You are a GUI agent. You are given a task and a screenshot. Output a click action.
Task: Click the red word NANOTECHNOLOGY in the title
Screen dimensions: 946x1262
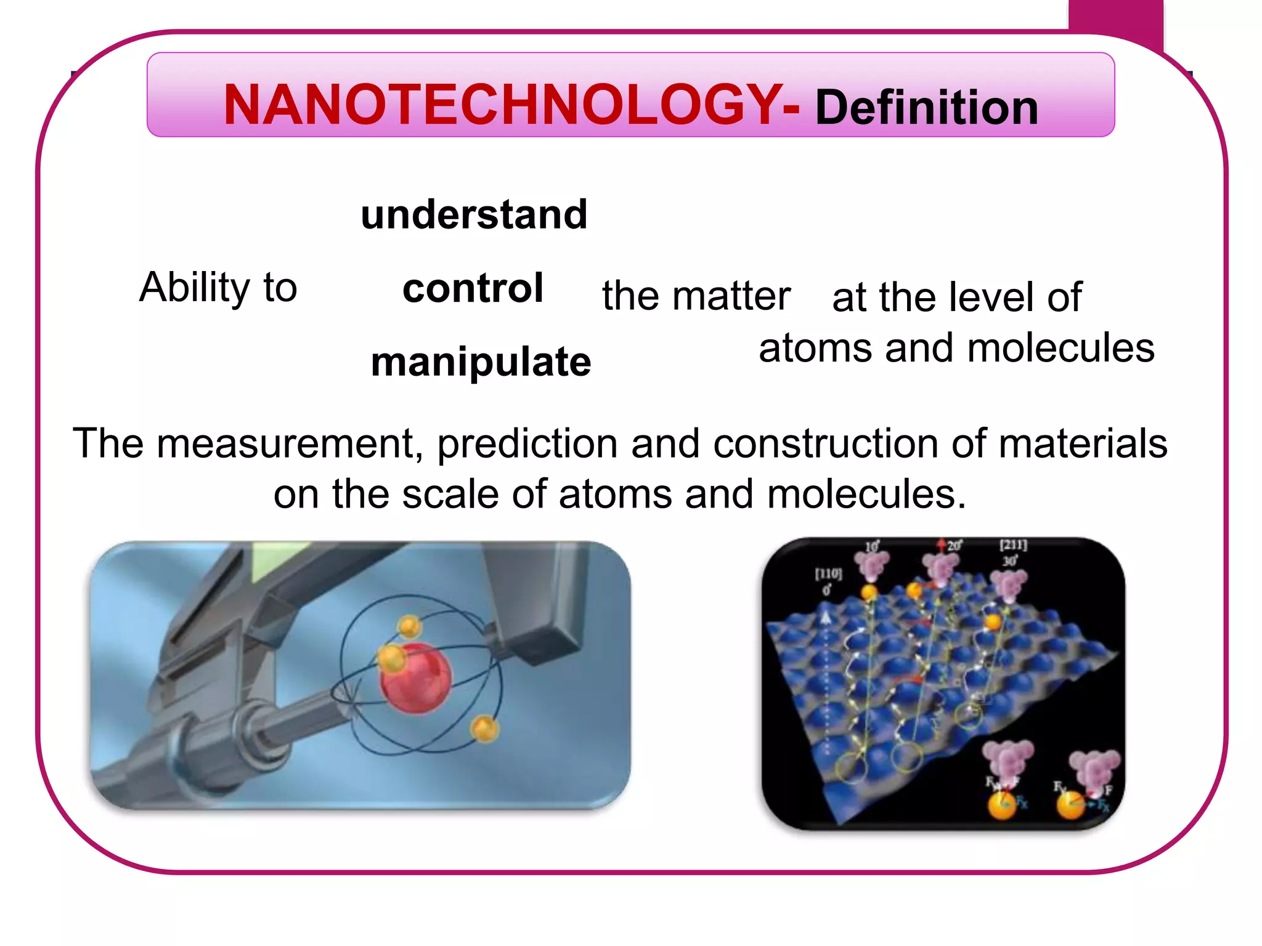tap(502, 105)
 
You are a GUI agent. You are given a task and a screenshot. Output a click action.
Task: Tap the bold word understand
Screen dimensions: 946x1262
tap(474, 215)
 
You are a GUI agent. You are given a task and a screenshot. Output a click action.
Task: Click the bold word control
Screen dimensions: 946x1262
tap(473, 288)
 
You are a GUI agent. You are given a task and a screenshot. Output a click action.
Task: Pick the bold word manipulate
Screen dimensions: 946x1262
tap(481, 362)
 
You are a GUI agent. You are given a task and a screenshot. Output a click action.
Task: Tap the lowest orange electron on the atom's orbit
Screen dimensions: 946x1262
tap(484, 729)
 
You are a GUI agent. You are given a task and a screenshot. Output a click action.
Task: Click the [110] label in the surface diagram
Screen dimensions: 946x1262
tap(828, 574)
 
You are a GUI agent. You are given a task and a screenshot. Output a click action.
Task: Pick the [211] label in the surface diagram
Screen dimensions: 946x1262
tap(1013, 545)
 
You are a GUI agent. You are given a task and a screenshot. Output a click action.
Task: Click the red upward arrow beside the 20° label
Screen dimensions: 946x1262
tap(941, 544)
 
